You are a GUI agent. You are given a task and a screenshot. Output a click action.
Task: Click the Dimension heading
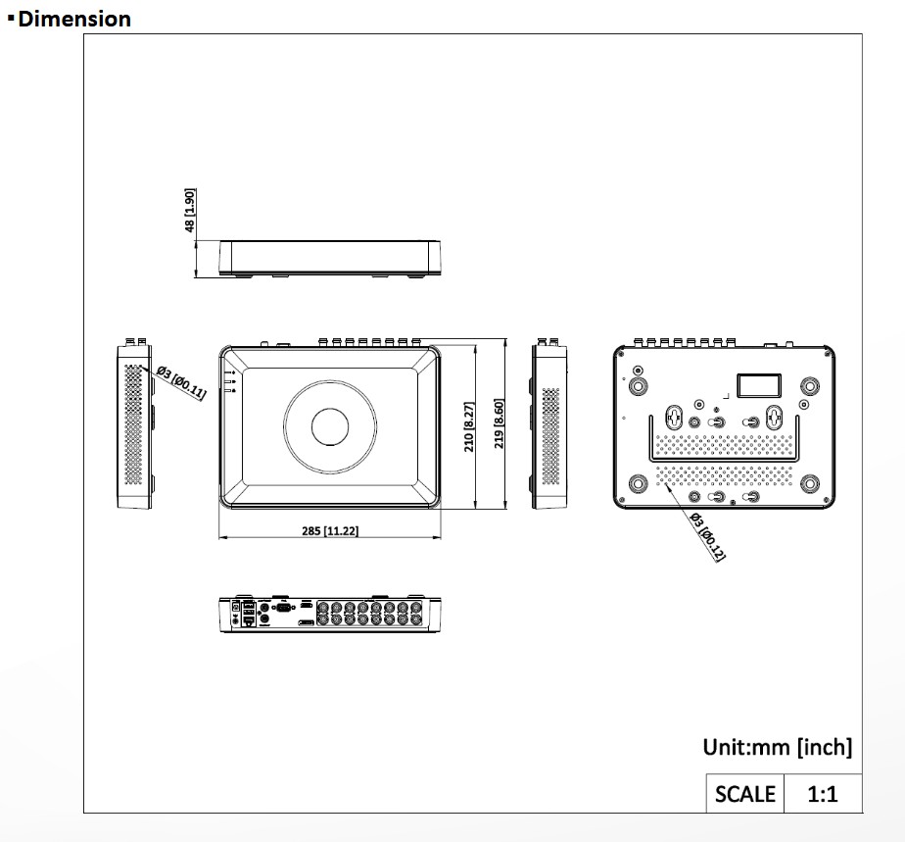73,19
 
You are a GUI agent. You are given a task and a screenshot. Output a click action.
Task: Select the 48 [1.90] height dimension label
191,211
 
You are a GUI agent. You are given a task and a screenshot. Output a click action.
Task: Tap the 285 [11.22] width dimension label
329,530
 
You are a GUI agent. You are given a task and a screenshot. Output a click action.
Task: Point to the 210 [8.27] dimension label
469,426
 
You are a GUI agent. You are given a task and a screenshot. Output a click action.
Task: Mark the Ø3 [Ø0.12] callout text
707,536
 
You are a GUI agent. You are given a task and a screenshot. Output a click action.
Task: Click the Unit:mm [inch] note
777,747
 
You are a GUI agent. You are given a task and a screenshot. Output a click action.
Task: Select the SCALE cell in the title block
744,793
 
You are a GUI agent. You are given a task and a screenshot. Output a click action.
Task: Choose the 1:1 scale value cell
822,793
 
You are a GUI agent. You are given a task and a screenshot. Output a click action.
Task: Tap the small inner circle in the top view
329,425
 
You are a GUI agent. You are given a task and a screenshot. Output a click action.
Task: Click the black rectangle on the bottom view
759,382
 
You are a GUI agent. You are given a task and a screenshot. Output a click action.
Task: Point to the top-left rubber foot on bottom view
639,385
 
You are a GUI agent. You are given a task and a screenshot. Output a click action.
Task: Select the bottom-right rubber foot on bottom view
810,483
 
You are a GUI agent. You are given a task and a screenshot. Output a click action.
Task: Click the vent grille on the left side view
133,425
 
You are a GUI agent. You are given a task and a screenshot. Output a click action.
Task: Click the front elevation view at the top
329,257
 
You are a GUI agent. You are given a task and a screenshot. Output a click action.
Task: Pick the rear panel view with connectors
329,613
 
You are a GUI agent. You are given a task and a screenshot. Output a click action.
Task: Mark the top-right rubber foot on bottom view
810,385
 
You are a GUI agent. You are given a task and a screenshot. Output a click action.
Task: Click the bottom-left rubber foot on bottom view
639,483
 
